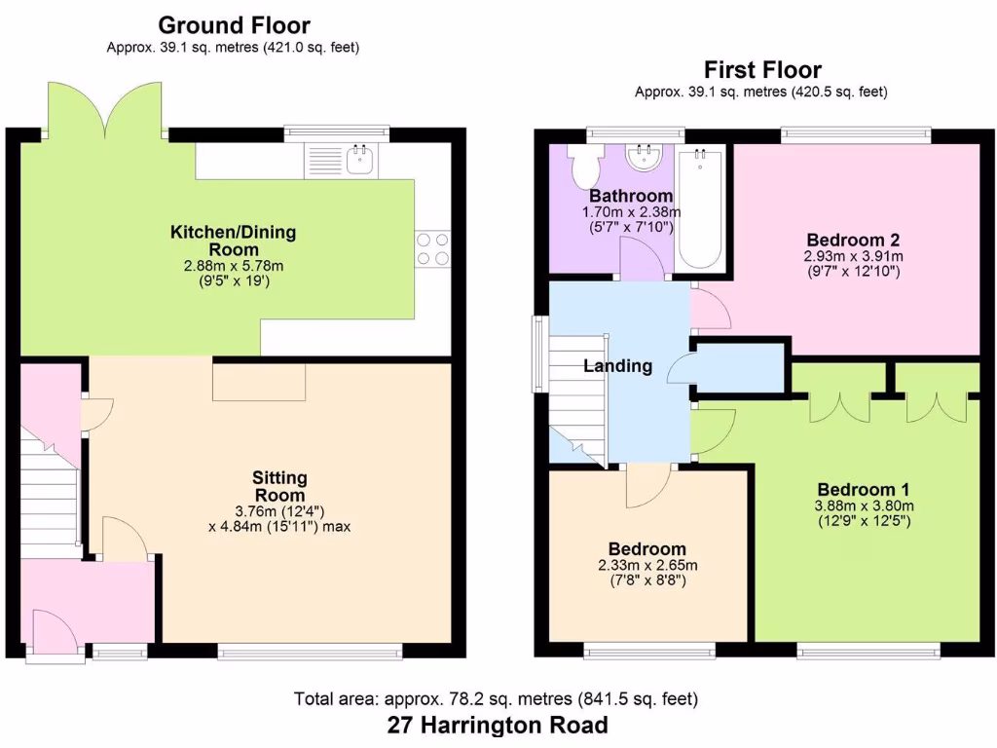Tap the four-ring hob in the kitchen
[x=433, y=247]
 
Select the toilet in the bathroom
[x=586, y=168]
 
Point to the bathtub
[x=701, y=208]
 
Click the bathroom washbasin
[x=644, y=158]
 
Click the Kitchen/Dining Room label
[x=233, y=241]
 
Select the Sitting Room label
[x=280, y=485]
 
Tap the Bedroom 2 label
[x=852, y=240]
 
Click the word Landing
[x=617, y=366]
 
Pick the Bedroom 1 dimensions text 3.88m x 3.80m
[x=865, y=505]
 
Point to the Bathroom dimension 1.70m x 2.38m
[x=631, y=212]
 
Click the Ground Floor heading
[x=233, y=24]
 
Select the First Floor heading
[x=762, y=69]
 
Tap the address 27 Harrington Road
[x=498, y=725]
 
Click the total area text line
[x=496, y=698]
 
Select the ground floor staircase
[x=50, y=497]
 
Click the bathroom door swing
[x=642, y=260]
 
